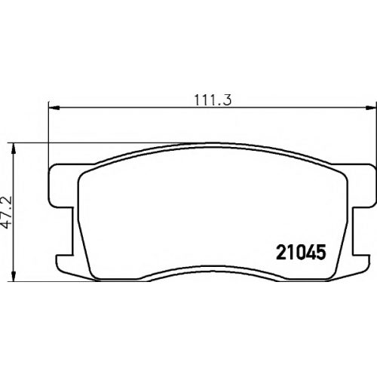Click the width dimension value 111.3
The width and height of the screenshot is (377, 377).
tap(213, 100)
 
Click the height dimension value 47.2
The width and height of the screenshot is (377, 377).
tap(8, 212)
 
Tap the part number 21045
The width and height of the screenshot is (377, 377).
tap(301, 253)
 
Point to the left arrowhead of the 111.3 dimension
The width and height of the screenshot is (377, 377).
tap(54, 108)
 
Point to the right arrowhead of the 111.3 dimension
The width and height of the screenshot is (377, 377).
tap(371, 108)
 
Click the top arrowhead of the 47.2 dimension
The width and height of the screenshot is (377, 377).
tap(14, 149)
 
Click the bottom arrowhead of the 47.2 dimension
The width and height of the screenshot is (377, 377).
tap(14, 276)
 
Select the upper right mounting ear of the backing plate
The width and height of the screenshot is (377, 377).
tap(363, 185)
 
